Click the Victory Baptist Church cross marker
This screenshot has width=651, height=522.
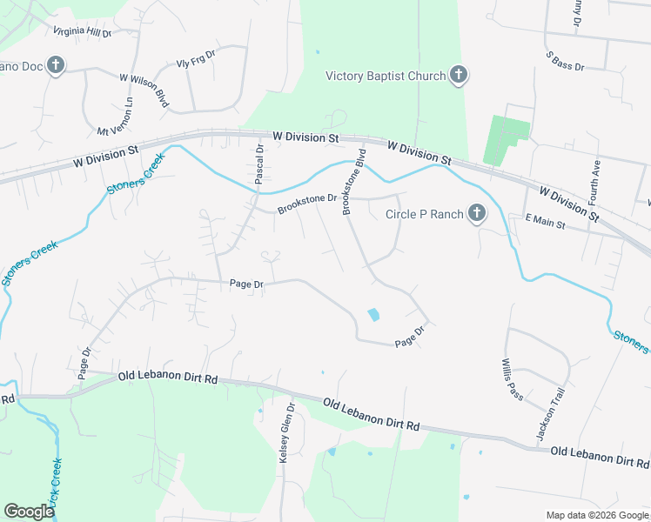click(459, 77)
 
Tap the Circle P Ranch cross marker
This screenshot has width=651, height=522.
click(476, 213)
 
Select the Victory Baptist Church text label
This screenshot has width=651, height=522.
click(385, 77)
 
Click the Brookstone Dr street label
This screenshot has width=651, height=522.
click(307, 204)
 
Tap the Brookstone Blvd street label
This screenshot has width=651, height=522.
click(353, 182)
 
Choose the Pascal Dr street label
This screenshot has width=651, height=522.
click(258, 164)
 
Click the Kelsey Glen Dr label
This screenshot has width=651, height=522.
click(287, 432)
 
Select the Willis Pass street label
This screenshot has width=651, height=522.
click(512, 380)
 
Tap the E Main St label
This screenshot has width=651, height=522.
click(546, 223)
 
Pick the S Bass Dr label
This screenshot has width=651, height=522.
click(567, 60)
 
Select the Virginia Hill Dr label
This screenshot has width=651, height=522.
click(83, 32)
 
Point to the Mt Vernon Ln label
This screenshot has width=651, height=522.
click(116, 116)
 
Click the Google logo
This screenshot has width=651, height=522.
click(29, 512)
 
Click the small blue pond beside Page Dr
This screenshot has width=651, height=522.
click(374, 314)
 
